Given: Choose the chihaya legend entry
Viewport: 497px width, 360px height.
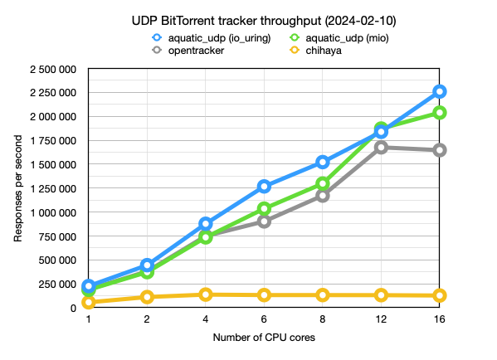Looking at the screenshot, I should (321, 51).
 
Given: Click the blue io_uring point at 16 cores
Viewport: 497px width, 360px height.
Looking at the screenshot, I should (439, 91).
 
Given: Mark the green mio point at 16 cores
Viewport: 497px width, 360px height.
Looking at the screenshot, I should (439, 112).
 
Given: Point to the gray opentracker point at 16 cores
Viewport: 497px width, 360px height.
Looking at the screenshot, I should (439, 150).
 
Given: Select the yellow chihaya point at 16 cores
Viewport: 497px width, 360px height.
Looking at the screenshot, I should (439, 295).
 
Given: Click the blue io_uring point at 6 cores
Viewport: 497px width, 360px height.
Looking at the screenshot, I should (264, 187).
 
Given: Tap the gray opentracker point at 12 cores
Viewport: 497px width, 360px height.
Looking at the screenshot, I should (381, 147).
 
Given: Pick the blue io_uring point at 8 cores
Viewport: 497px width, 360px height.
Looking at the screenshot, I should (322, 162).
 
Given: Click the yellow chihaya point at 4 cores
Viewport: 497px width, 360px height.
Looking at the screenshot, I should (205, 294).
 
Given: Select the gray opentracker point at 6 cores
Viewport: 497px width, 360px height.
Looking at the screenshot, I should (264, 221).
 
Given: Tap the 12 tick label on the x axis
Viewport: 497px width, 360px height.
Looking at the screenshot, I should (381, 320).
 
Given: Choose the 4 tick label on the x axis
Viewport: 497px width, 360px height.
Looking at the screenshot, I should (205, 320).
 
